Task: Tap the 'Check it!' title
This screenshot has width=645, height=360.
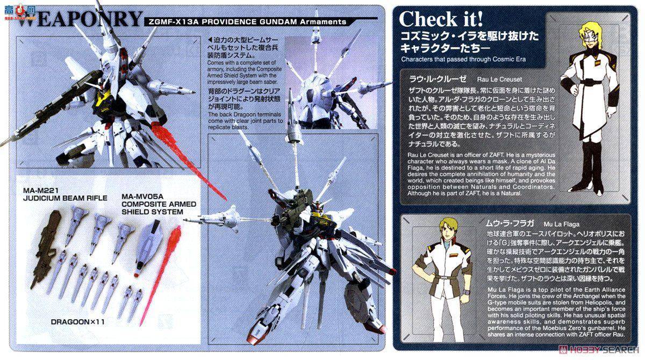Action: pos(441,19)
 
